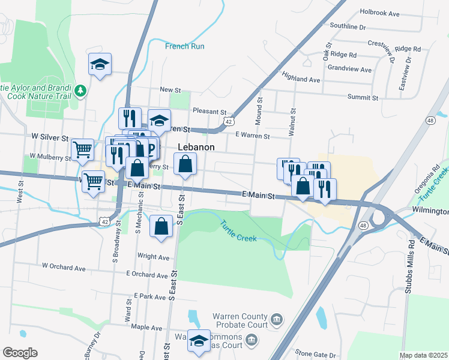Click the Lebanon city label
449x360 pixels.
click(196, 146)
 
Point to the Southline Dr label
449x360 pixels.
click(348, 26)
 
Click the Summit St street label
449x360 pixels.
click(363, 97)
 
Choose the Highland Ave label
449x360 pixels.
click(301, 79)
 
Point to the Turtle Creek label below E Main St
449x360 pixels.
click(239, 231)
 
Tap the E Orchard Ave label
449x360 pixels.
click(147, 274)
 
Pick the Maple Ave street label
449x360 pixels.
click(146, 328)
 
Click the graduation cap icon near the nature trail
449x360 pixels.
click(100, 64)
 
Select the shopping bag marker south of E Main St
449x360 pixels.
click(161, 226)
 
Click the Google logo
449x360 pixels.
click(19, 352)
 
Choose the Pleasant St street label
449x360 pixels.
click(209, 111)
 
